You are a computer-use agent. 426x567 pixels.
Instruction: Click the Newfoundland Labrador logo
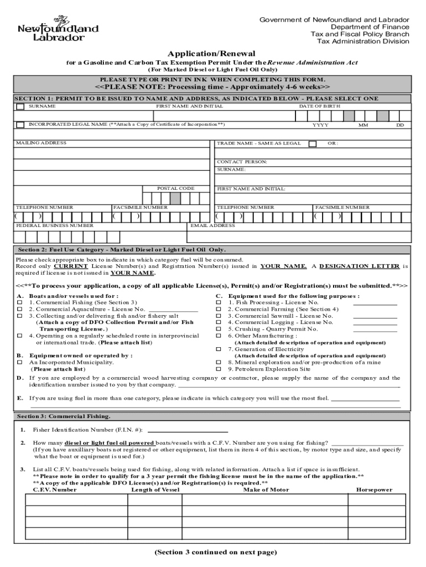58,27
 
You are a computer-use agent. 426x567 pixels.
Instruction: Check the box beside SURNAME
20,106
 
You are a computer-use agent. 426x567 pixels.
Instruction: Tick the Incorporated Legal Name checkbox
20,125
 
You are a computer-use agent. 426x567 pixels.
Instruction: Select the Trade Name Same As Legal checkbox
313,143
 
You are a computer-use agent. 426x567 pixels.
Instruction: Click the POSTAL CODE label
175,189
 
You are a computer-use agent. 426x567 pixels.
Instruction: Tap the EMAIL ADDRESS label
212,226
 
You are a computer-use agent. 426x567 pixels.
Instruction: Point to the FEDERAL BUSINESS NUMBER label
55,226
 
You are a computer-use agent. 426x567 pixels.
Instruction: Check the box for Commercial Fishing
20,303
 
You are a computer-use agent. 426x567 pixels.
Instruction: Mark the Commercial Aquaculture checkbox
20,310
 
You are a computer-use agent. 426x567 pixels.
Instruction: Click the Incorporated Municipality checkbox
20,363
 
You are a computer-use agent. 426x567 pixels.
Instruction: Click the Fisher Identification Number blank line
188,430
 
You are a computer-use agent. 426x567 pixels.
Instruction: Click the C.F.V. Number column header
55,490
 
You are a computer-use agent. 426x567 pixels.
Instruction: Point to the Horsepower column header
374,490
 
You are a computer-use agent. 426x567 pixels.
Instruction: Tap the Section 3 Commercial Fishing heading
64,416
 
